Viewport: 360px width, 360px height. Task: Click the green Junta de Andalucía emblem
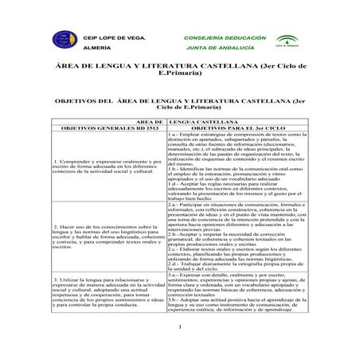coord(284,41)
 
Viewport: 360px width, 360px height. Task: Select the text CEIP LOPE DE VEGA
coord(116,37)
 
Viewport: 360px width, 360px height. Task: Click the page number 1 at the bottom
coord(180,327)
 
